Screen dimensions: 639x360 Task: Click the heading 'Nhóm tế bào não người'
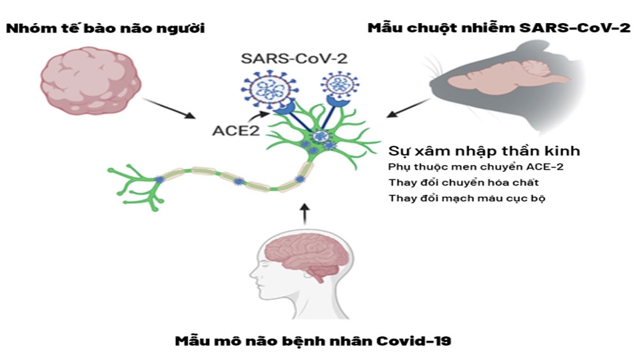point(105,29)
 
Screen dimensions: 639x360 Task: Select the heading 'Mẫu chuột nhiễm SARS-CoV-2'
point(499,28)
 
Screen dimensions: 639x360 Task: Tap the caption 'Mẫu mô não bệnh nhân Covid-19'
point(313,341)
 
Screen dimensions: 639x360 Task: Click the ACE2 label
point(236,131)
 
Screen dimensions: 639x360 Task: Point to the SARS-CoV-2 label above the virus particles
point(294,58)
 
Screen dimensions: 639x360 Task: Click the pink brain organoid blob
point(91,81)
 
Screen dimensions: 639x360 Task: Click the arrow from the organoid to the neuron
point(169,109)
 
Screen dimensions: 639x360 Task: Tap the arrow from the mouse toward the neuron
point(408,108)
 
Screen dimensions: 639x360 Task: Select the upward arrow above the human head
point(305,214)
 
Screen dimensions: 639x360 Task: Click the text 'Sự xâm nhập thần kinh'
point(484,151)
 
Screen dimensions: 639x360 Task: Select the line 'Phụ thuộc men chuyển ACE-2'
point(475,167)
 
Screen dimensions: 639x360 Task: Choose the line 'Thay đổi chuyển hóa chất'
point(463,182)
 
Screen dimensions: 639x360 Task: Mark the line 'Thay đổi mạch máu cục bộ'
point(466,198)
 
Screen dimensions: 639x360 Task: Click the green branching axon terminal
point(134,185)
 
